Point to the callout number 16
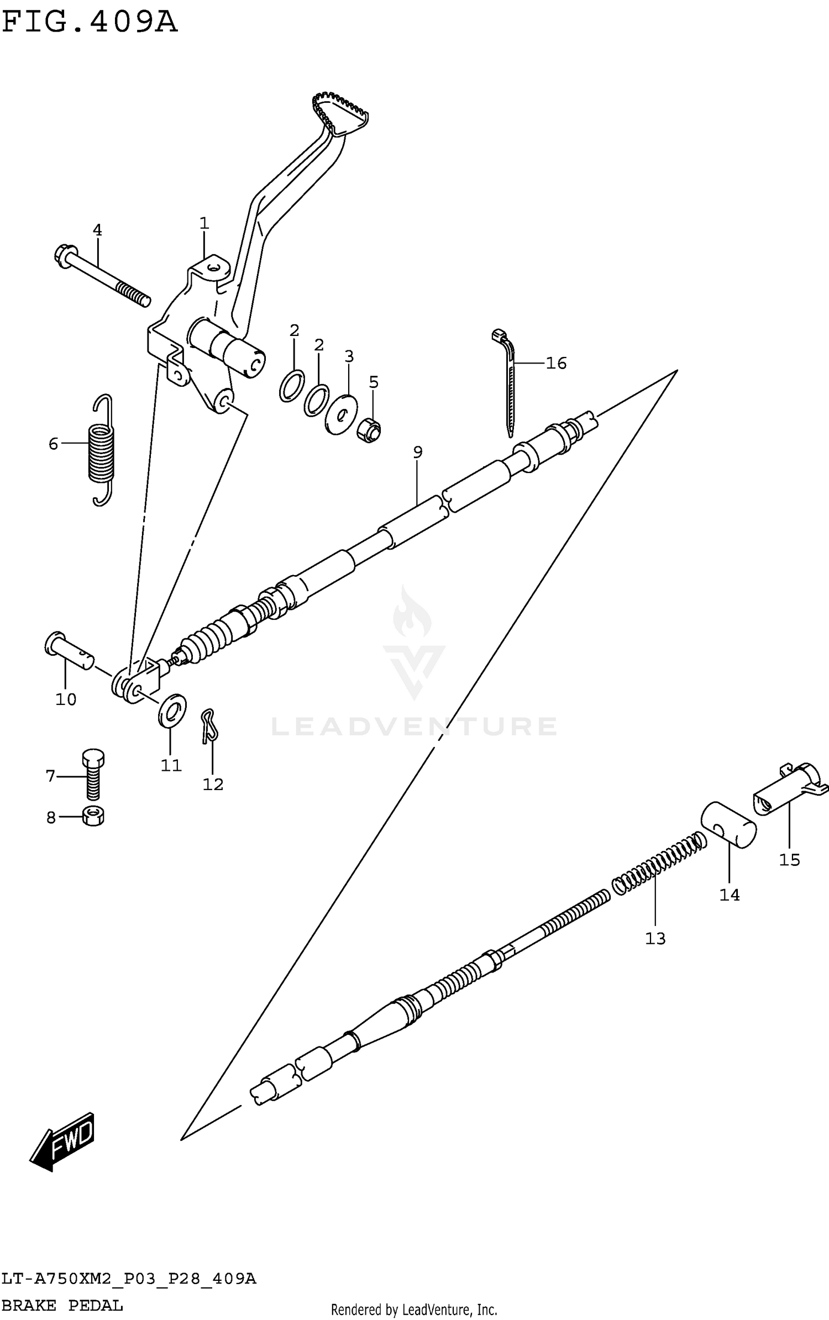pyautogui.click(x=556, y=363)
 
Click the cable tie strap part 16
pyautogui.click(x=510, y=381)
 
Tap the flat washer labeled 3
pyautogui.click(x=341, y=414)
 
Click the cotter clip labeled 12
pyautogui.click(x=209, y=725)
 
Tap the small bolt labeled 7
pyautogui.click(x=93, y=774)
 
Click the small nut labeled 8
pyautogui.click(x=93, y=816)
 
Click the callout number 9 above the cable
pyautogui.click(x=417, y=452)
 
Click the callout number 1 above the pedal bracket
pyautogui.click(x=204, y=224)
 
